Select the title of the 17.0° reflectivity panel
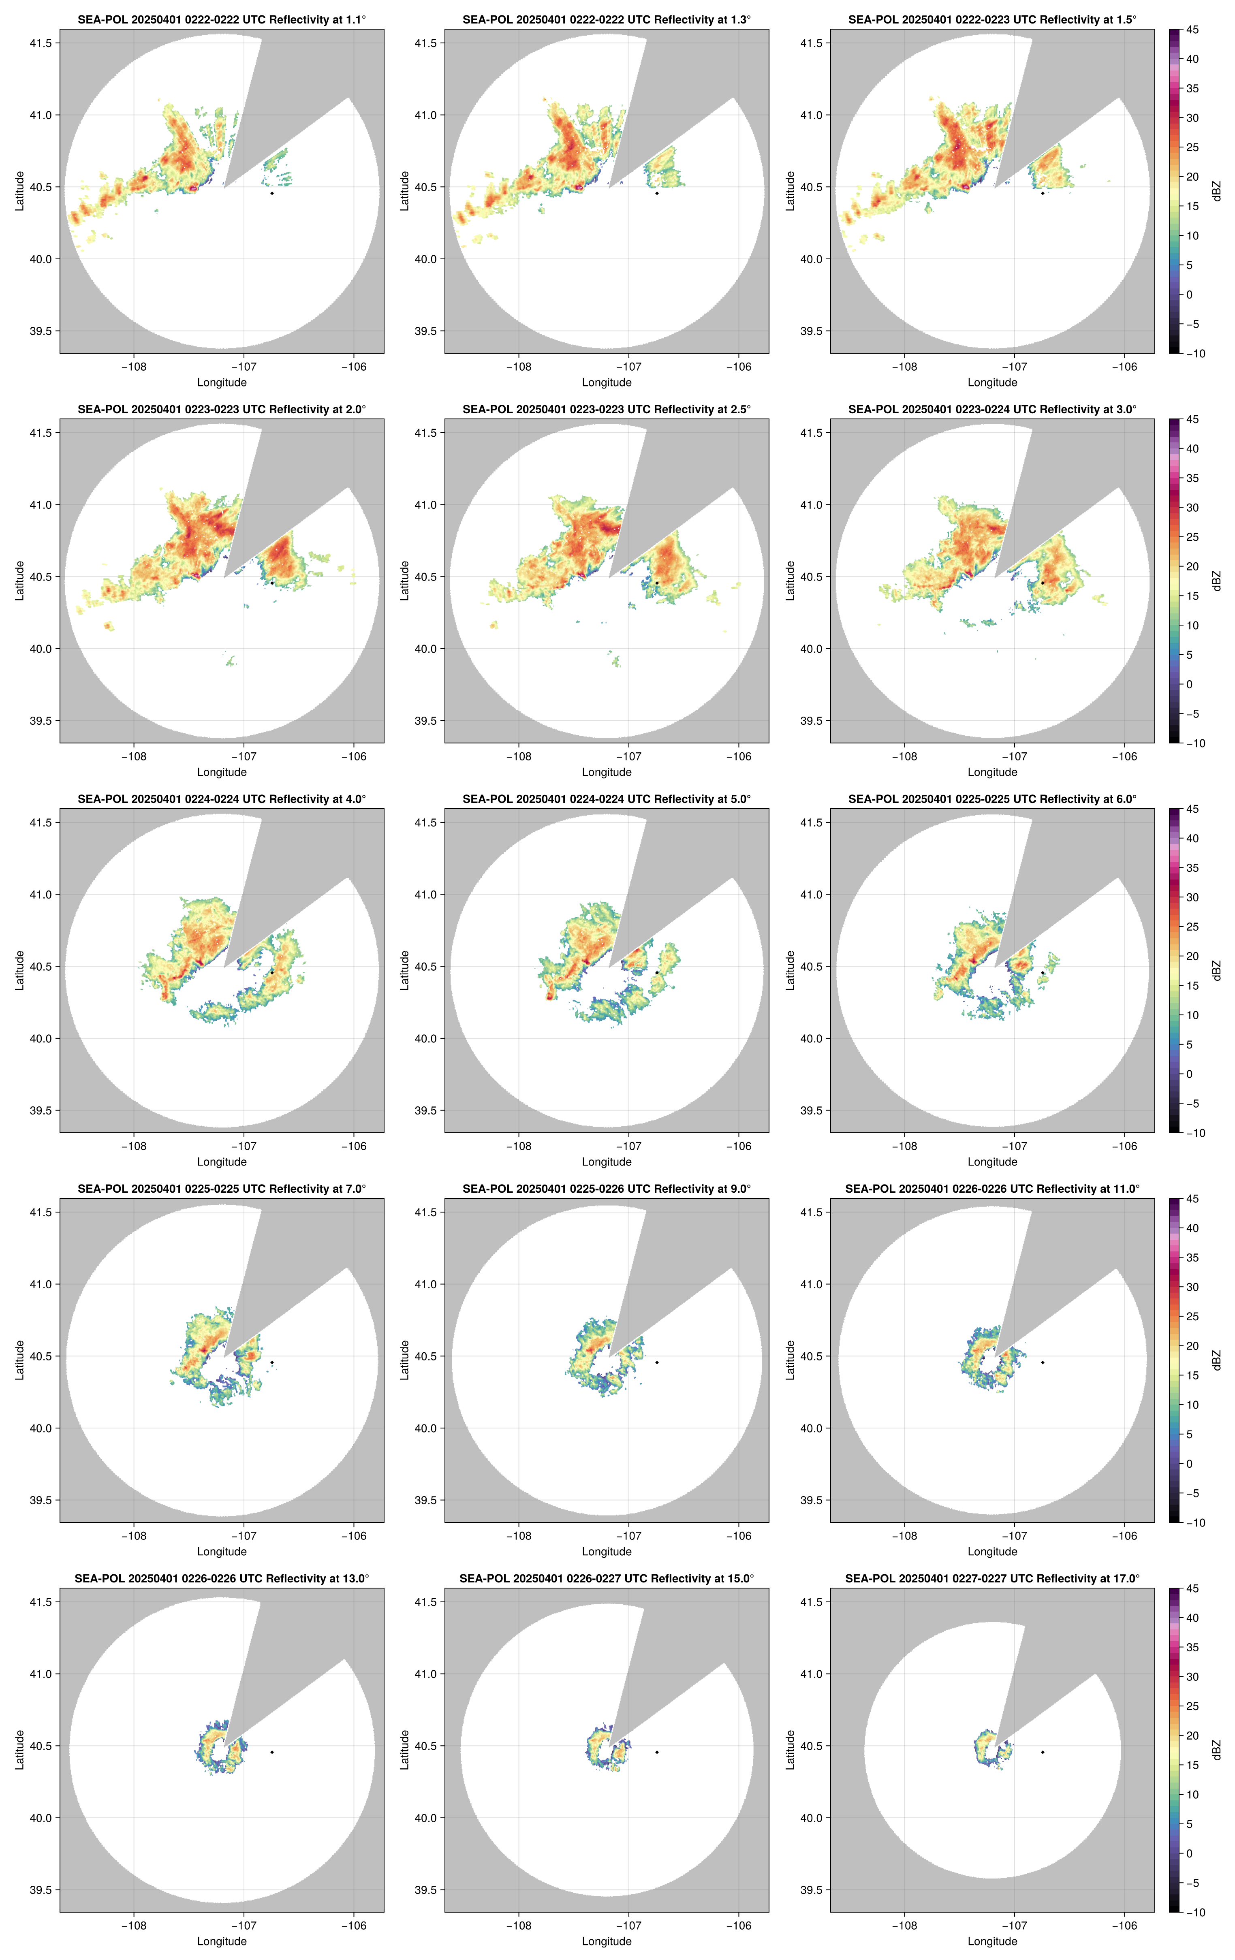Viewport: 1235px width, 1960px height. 992,1578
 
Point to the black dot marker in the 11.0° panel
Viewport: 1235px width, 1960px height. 1042,1362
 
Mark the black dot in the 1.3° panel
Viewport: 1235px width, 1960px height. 657,193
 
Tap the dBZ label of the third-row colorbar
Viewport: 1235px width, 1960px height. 1216,970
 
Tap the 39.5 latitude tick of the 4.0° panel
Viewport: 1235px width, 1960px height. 41,1110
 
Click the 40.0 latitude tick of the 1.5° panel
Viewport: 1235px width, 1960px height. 812,259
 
